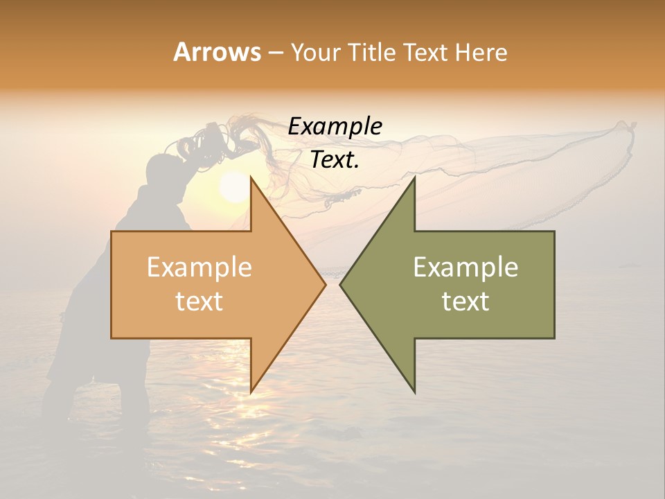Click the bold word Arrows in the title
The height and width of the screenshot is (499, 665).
pyautogui.click(x=217, y=52)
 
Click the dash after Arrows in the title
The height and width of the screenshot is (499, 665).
pyautogui.click(x=275, y=53)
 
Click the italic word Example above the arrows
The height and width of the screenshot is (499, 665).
pyautogui.click(x=335, y=126)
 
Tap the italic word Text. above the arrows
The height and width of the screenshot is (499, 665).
pyautogui.click(x=335, y=159)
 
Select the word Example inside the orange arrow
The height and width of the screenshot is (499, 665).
pyautogui.click(x=199, y=268)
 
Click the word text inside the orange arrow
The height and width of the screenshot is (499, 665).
pyautogui.click(x=199, y=301)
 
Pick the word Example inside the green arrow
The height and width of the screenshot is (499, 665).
pyautogui.click(x=465, y=268)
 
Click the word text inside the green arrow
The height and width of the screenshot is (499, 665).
pyautogui.click(x=465, y=301)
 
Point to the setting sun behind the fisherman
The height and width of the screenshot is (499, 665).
pyautogui.click(x=233, y=187)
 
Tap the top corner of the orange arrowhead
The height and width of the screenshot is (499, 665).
pyautogui.click(x=251, y=177)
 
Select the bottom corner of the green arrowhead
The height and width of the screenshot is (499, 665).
pyautogui.click(x=414, y=392)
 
